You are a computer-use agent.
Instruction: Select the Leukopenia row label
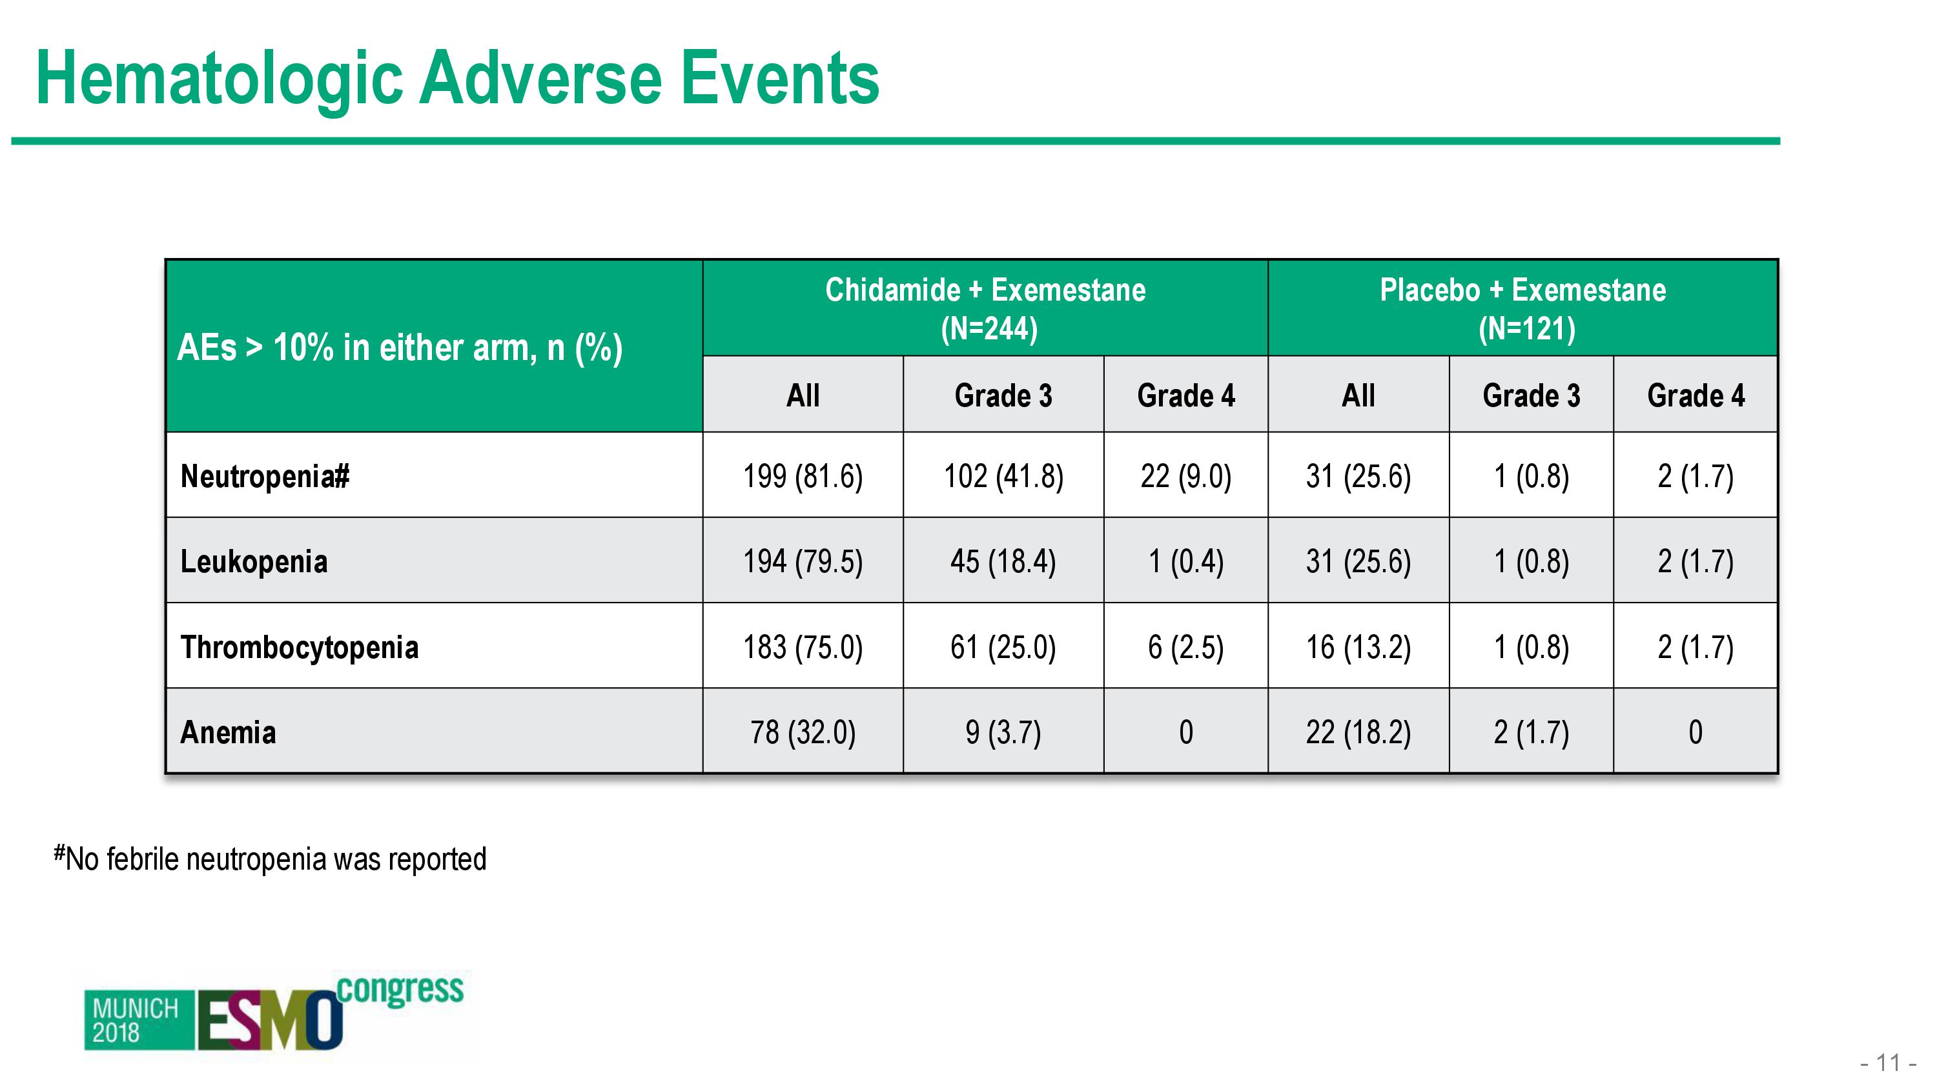pos(254,562)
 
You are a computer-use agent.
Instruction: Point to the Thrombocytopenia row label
pos(300,647)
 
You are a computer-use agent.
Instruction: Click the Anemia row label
pos(228,733)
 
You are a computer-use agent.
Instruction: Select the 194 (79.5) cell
pos(803,562)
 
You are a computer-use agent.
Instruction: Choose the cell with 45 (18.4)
pos(1004,562)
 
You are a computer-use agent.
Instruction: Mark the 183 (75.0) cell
pos(803,647)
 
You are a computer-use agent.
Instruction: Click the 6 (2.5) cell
pos(1186,647)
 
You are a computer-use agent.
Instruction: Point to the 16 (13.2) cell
pos(1358,647)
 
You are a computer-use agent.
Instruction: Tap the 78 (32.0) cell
pos(803,733)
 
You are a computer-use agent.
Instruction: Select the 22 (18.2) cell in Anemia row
pos(1358,733)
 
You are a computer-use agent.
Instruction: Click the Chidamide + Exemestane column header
pos(986,309)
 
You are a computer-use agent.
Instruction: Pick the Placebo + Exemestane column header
pos(1523,309)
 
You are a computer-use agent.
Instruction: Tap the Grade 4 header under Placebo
pos(1696,395)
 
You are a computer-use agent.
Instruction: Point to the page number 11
pos(1888,1063)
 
